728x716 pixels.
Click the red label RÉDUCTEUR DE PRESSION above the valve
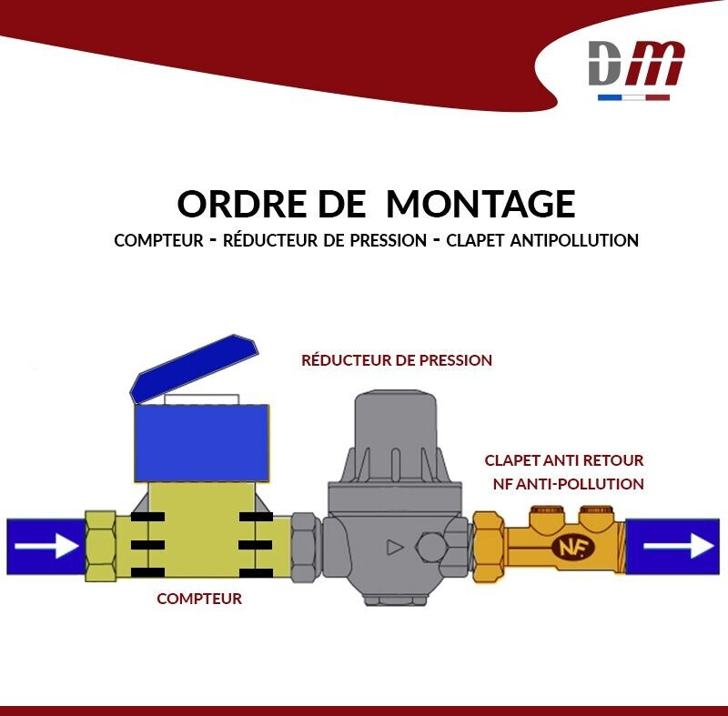[x=397, y=360]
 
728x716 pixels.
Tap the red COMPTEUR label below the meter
[x=199, y=599]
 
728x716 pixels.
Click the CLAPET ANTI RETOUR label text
[x=564, y=460]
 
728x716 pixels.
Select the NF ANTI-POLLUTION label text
[x=568, y=484]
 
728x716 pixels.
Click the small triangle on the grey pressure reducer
[x=394, y=548]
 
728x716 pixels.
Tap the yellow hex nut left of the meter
[x=100, y=546]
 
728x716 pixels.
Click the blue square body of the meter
[x=201, y=441]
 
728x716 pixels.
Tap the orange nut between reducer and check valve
[x=489, y=546]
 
